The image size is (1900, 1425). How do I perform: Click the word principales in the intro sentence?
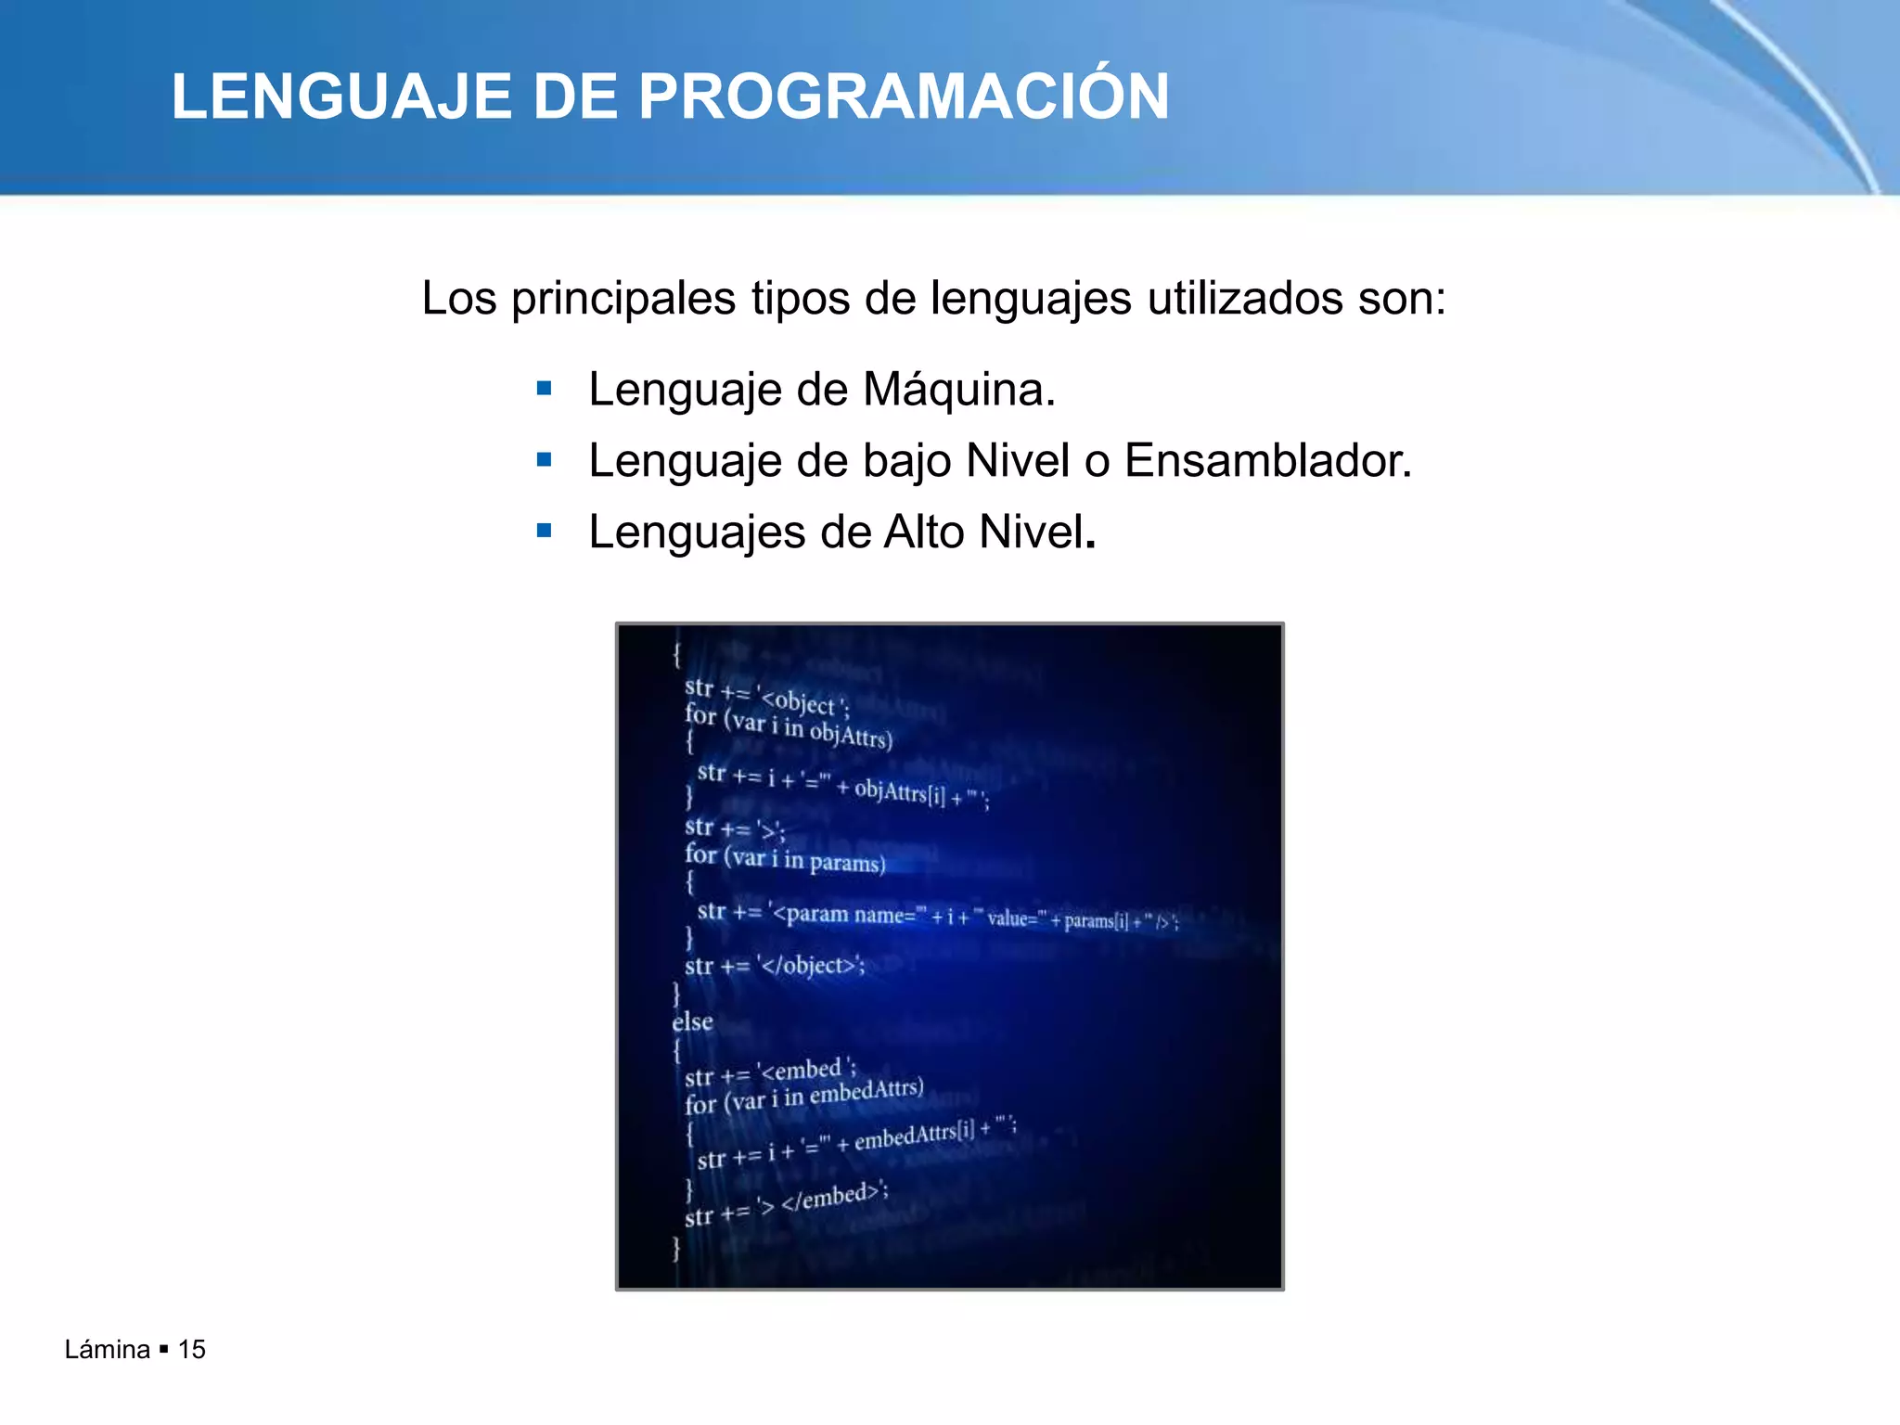click(623, 299)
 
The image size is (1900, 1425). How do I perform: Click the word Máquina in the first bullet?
click(958, 390)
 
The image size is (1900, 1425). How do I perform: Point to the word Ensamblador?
click(1267, 461)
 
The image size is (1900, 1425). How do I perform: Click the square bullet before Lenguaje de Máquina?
click(545, 388)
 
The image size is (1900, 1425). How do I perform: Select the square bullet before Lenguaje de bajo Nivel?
click(545, 459)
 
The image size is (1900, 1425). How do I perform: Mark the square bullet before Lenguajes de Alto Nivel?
click(545, 531)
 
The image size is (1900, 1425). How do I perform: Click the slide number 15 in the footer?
click(191, 1350)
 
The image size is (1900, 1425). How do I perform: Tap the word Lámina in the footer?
click(107, 1350)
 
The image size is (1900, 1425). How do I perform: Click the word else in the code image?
click(692, 1022)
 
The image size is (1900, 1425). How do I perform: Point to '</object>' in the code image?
click(813, 966)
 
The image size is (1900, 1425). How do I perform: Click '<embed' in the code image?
click(803, 1071)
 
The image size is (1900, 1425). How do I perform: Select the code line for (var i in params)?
click(785, 858)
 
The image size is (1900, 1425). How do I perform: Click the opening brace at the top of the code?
click(677, 654)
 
